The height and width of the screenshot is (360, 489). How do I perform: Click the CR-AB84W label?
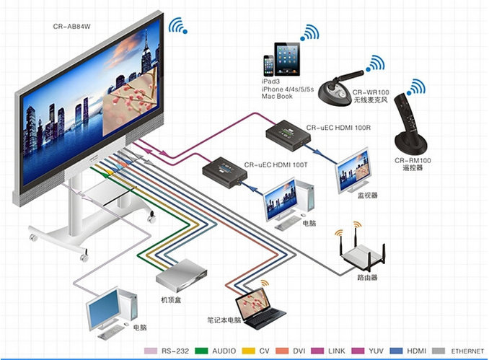[x=71, y=27]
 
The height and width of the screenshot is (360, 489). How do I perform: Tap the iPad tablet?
[x=287, y=59]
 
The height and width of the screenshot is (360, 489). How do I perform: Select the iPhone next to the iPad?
[x=268, y=66]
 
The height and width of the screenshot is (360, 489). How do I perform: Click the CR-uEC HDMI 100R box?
[x=288, y=135]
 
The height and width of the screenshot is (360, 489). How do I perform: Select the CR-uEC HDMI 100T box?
[x=225, y=172]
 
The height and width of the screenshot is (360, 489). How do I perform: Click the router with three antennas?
[x=362, y=253]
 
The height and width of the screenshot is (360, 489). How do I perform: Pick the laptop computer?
[x=260, y=309]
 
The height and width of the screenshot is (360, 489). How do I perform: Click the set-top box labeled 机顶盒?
[x=181, y=276]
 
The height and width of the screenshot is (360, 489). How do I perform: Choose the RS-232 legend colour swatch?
[x=151, y=351]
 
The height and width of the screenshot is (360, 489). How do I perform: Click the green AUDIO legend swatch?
[x=201, y=351]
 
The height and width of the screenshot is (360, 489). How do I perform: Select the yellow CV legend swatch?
[x=249, y=351]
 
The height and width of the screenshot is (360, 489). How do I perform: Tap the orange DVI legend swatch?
[x=282, y=351]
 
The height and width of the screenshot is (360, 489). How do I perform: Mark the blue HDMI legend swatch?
[x=397, y=351]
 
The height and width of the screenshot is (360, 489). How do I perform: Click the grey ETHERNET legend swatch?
[x=439, y=351]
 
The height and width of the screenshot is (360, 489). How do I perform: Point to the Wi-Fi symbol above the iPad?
[x=309, y=32]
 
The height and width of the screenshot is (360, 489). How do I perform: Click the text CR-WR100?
[x=371, y=92]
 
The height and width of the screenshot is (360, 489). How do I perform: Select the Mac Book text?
[x=277, y=97]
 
